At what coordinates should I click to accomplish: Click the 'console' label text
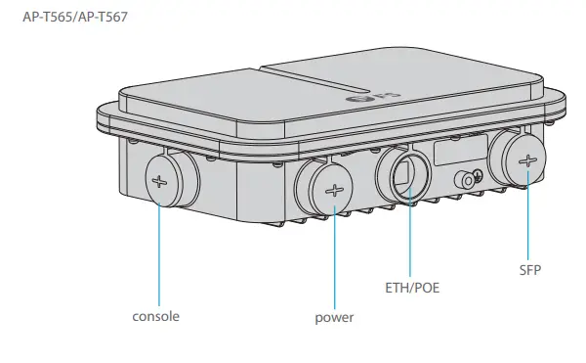156,316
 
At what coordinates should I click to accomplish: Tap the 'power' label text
334,318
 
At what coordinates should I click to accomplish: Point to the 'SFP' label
529,267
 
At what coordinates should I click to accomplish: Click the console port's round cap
167,179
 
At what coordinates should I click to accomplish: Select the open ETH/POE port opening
403,175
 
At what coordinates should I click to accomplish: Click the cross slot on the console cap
160,180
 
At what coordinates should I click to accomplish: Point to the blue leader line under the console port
160,254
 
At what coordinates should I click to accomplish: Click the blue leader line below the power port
335,254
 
